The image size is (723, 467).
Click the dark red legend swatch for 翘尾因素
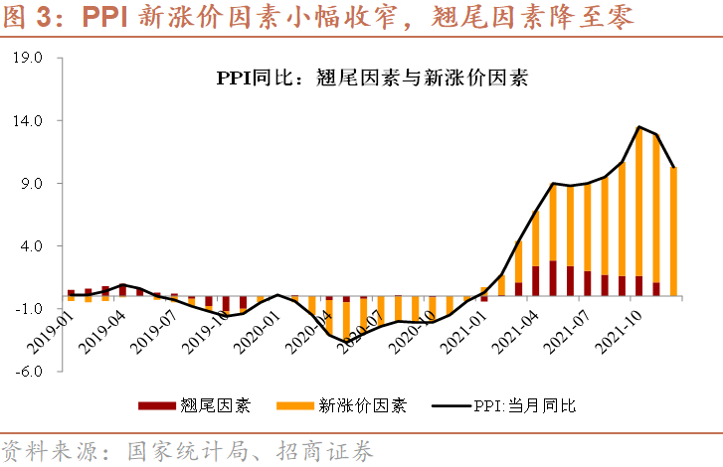[x=156, y=405]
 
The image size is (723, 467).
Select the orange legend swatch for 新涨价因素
[x=294, y=405]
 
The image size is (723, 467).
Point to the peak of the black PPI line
[x=640, y=126]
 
